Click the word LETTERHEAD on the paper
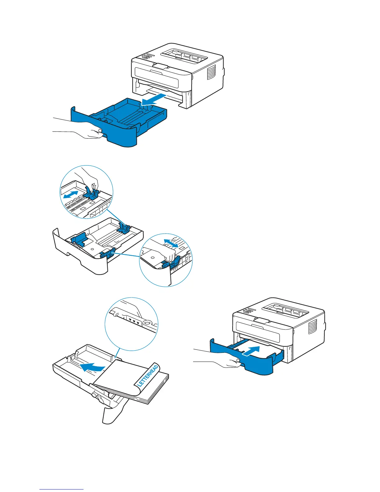(148, 376)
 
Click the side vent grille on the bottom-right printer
(312, 327)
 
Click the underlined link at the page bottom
(61, 489)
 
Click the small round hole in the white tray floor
(92, 249)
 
